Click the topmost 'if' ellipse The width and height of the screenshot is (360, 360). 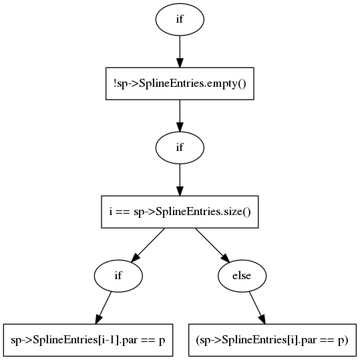pos(180,19)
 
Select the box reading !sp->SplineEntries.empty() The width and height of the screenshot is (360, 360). pos(180,83)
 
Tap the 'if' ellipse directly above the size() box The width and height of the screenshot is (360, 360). pos(180,148)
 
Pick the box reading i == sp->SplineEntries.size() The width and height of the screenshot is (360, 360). pos(180,212)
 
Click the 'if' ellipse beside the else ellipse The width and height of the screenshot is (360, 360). pos(118,276)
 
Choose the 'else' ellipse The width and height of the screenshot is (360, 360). pos(242,276)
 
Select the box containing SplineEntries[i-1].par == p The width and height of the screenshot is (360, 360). pos(88,340)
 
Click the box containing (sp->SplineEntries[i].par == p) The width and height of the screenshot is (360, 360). pos(273,340)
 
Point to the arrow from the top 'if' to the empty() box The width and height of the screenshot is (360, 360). pos(180,51)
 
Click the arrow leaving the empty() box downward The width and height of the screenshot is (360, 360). pos(180,116)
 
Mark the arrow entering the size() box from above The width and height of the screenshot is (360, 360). pos(180,180)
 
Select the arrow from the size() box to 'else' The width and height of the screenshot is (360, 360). pos(212,245)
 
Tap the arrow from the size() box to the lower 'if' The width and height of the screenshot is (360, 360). pos(148,245)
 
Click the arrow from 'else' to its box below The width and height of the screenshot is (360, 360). pos(257,308)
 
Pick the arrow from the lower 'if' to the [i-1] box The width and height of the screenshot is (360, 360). pos(104,308)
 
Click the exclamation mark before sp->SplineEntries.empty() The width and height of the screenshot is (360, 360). pos(115,83)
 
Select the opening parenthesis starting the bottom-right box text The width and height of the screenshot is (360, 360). pos(198,340)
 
